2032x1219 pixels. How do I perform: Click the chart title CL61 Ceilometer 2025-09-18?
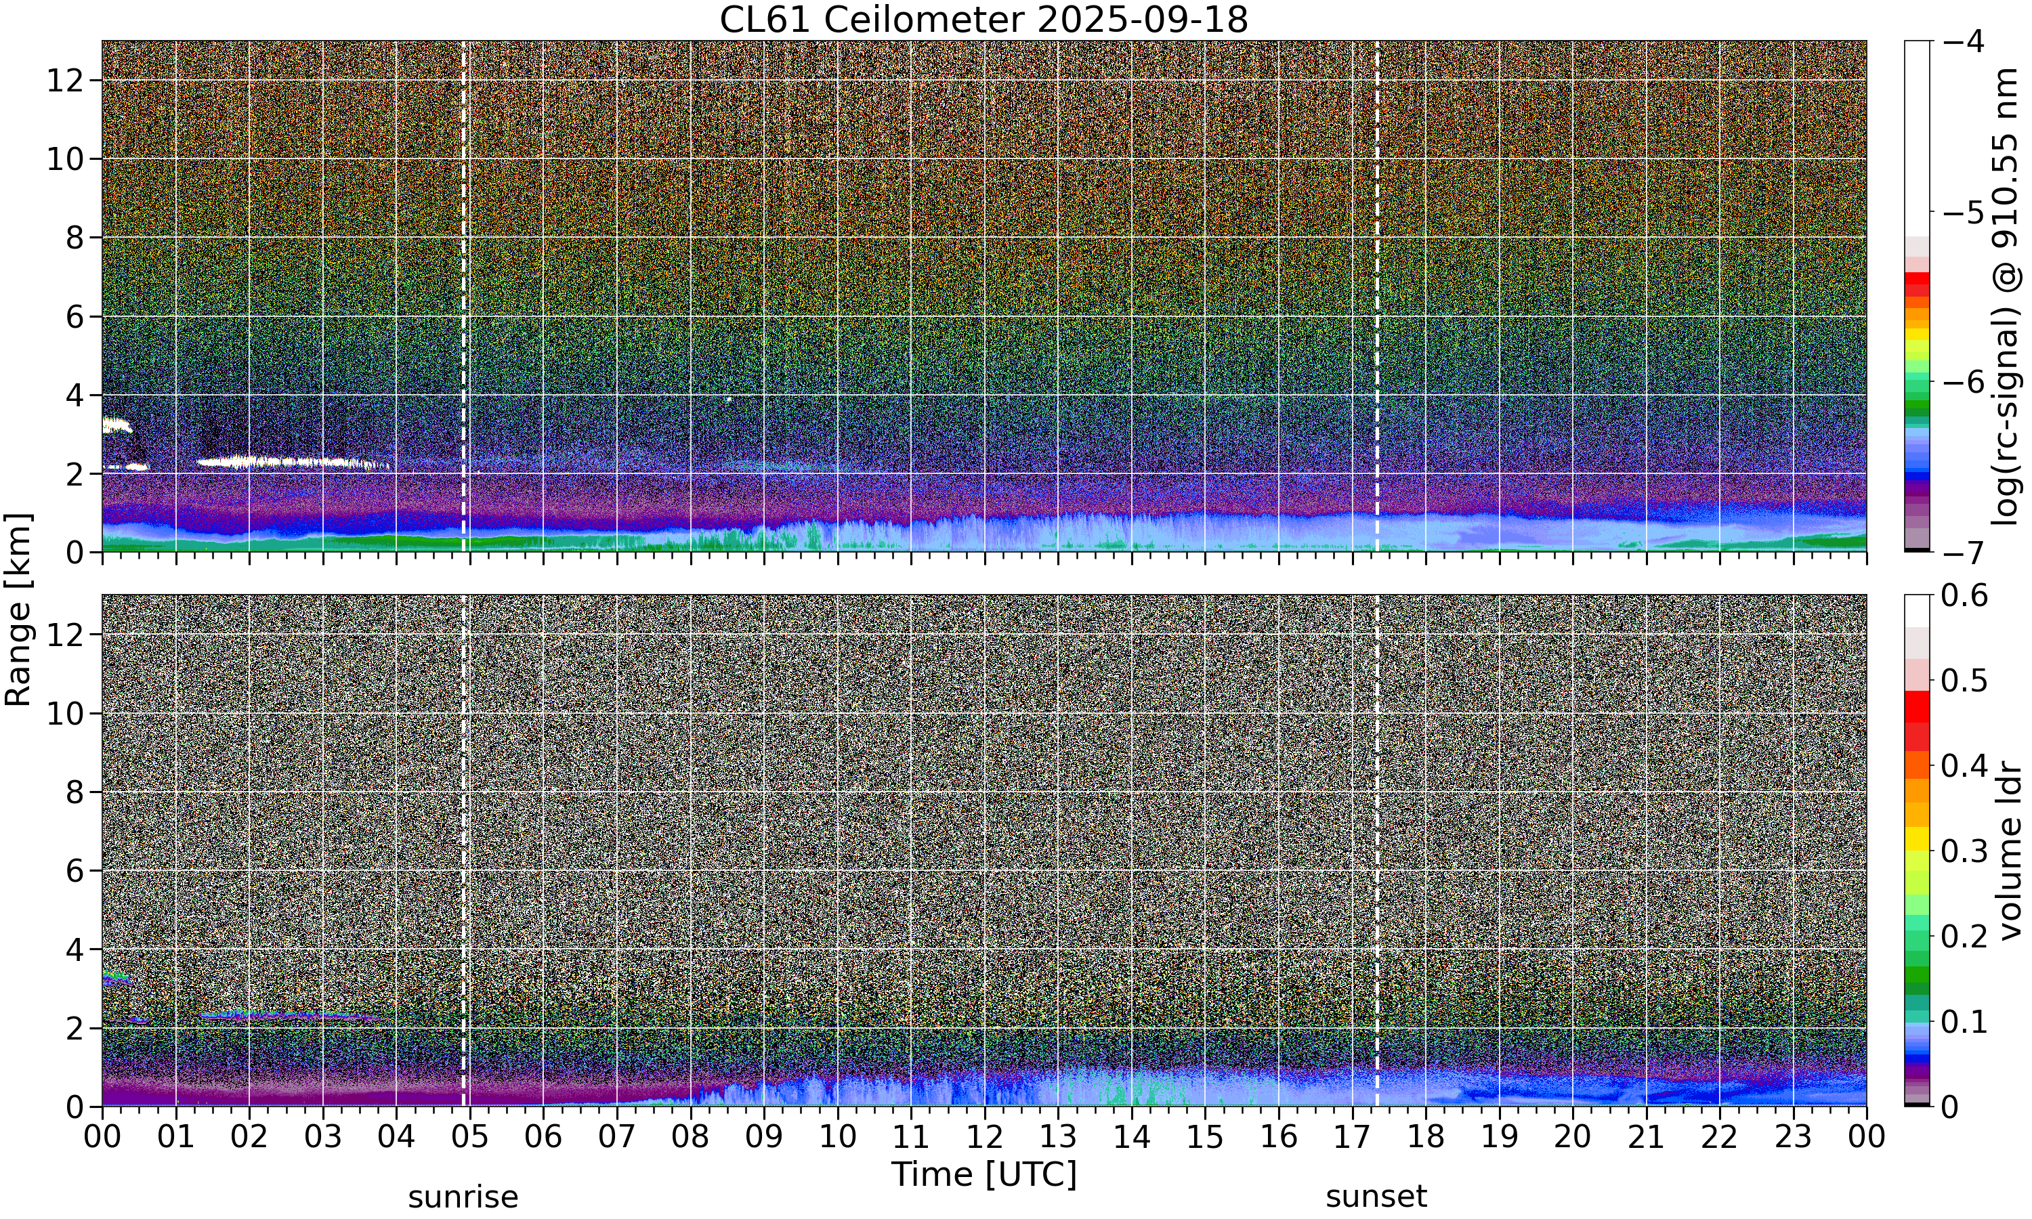click(983, 20)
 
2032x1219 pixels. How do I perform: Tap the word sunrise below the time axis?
click(463, 1197)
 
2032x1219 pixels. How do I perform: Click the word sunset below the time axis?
click(1376, 1197)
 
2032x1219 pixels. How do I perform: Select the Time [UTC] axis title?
click(983, 1175)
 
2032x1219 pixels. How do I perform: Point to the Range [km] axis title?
click(18, 609)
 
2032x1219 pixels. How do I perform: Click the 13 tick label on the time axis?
click(1058, 1138)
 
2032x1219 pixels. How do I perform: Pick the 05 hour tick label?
click(470, 1138)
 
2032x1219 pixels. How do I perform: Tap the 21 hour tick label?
click(1646, 1138)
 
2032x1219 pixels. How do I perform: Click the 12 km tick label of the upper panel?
click(65, 81)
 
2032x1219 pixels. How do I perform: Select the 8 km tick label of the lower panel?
click(75, 792)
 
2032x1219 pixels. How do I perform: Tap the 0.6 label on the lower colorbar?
click(1965, 595)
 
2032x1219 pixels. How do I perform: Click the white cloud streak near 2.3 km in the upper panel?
click(291, 463)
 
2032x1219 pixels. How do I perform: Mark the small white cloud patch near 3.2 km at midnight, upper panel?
click(116, 425)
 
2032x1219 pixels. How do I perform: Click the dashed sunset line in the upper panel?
click(1378, 296)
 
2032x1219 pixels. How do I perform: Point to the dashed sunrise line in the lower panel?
click(463, 850)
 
